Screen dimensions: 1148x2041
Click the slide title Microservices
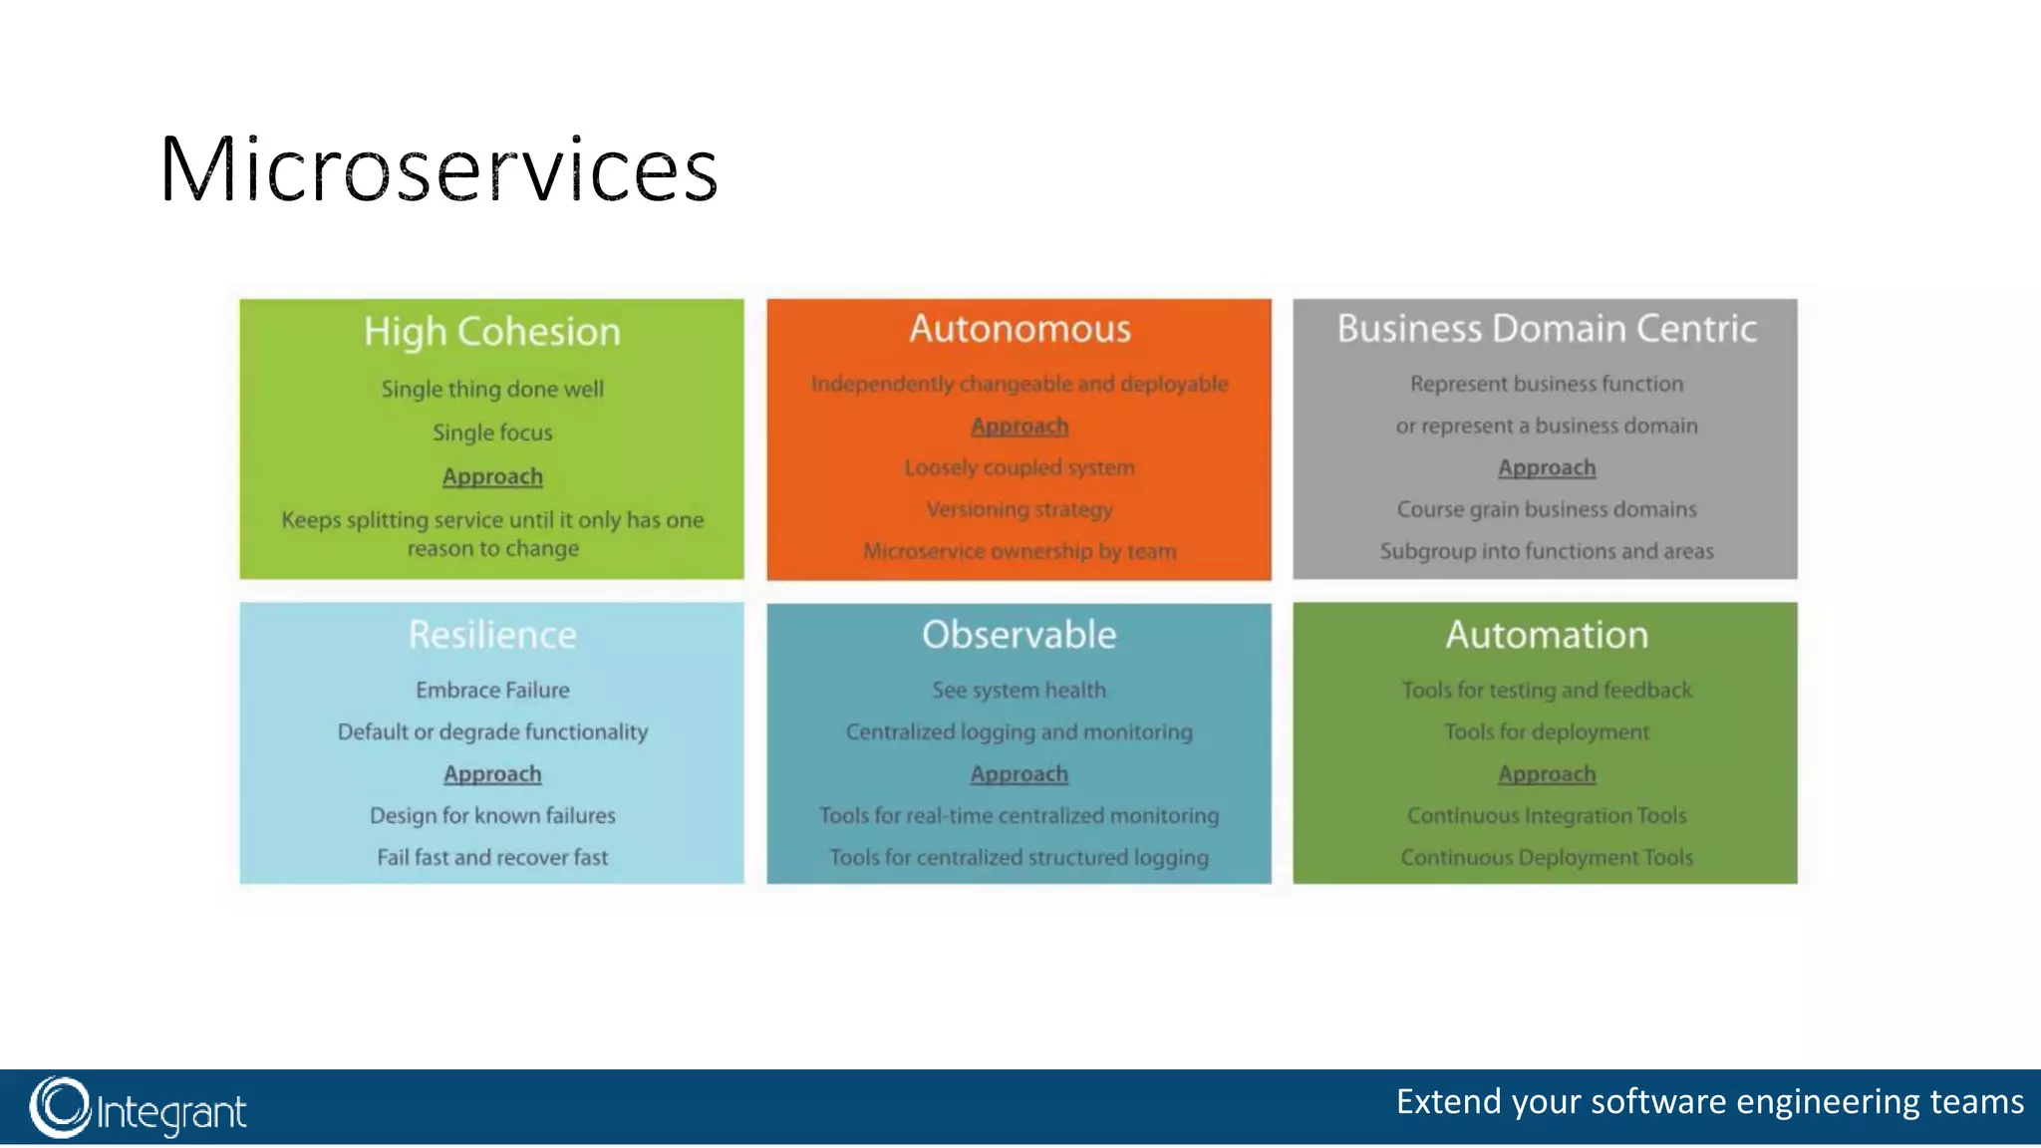(438, 169)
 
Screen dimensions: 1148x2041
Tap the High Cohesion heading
(491, 332)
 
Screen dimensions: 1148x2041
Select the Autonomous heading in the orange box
(1020, 329)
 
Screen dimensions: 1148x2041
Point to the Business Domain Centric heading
(1546, 329)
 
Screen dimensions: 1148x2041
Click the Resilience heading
(492, 635)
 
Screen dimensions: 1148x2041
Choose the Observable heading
(1019, 635)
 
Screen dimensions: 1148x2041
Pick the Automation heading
(1547, 635)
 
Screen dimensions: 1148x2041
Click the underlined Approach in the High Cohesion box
(492, 476)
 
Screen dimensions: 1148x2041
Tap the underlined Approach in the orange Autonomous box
(1020, 427)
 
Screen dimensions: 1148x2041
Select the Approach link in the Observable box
(1020, 774)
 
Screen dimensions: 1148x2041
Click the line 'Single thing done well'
(492, 389)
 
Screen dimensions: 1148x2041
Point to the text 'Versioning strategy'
(1020, 509)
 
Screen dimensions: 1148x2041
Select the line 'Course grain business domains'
(1547, 509)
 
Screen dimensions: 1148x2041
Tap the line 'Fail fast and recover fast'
(492, 857)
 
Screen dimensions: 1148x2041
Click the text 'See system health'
(1019, 690)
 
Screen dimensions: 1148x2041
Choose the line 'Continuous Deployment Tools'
(1547, 857)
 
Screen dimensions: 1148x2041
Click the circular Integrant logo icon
(60, 1107)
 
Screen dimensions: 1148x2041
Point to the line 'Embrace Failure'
(492, 690)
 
